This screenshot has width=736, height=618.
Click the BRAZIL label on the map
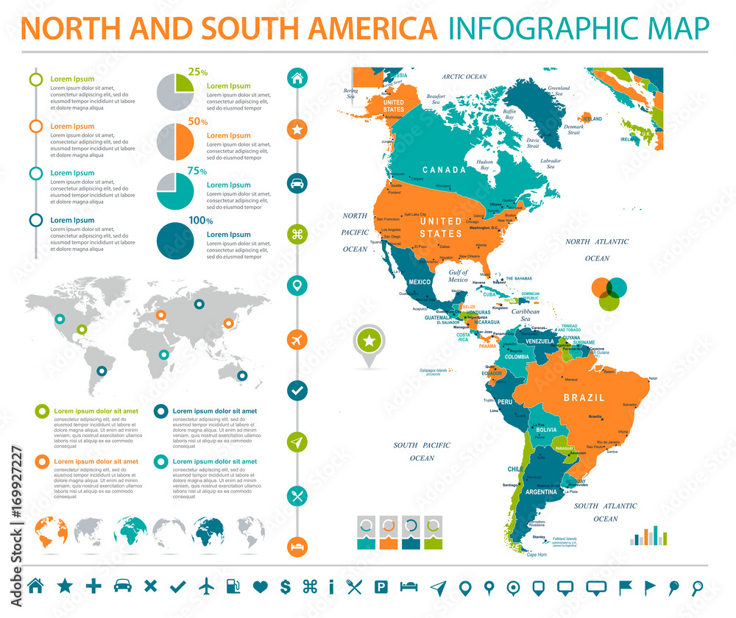584,397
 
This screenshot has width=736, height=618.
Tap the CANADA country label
444,170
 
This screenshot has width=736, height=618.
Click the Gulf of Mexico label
458,276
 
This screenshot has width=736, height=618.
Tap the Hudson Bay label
484,164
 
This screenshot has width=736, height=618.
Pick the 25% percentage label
197,72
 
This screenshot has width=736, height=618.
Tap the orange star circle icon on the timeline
297,130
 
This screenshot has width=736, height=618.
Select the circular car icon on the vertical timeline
297,183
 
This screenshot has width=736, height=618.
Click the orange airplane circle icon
297,339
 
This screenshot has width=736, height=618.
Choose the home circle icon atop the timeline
297,77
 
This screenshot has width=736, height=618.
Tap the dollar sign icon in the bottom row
286,586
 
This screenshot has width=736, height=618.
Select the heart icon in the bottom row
260,586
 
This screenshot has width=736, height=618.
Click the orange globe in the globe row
52,531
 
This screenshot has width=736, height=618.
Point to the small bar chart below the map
648,536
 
